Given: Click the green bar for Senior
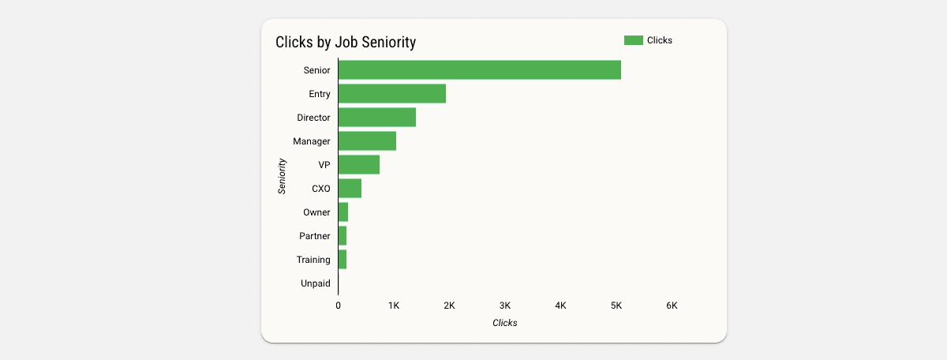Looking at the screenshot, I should tap(479, 69).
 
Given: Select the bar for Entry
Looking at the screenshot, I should tap(391, 93).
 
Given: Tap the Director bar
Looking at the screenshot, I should tap(376, 117).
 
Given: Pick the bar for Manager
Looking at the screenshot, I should tap(367, 141).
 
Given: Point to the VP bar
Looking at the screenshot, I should tap(358, 164).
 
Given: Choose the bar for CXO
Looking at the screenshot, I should tap(350, 188).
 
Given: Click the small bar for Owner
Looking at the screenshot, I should tap(343, 212).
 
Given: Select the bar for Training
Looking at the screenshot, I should tap(342, 259).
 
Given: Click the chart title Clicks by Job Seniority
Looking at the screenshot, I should tap(346, 43).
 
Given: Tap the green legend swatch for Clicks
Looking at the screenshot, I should tap(633, 40).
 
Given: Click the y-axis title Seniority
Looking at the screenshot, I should tap(282, 176).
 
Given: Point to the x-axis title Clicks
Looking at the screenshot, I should tap(505, 323).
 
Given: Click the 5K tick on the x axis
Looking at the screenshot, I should tap(616, 306).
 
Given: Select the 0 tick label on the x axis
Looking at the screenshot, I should tap(338, 306).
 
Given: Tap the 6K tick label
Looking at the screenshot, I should tap(672, 306).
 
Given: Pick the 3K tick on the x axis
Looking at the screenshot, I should tap(505, 306).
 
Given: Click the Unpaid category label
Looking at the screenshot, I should tap(316, 283).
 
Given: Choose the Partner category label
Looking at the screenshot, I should tap(315, 236).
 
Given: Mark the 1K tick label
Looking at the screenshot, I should tap(394, 306).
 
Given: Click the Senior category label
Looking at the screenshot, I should tap(316, 70).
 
